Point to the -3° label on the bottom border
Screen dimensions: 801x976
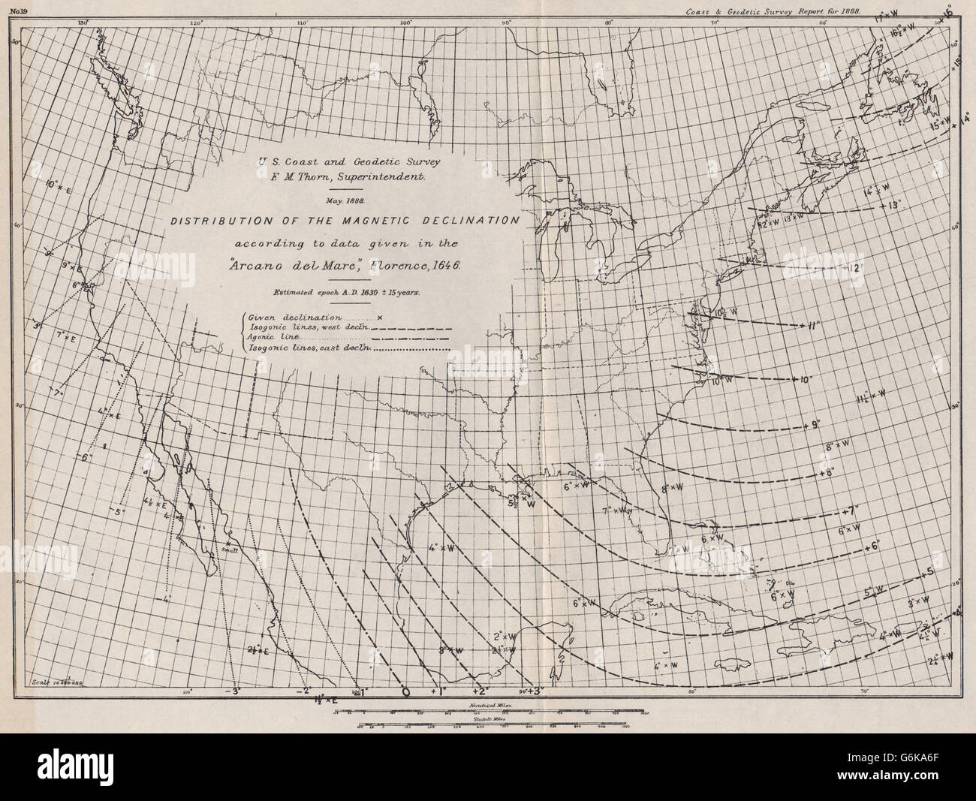click(235, 691)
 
